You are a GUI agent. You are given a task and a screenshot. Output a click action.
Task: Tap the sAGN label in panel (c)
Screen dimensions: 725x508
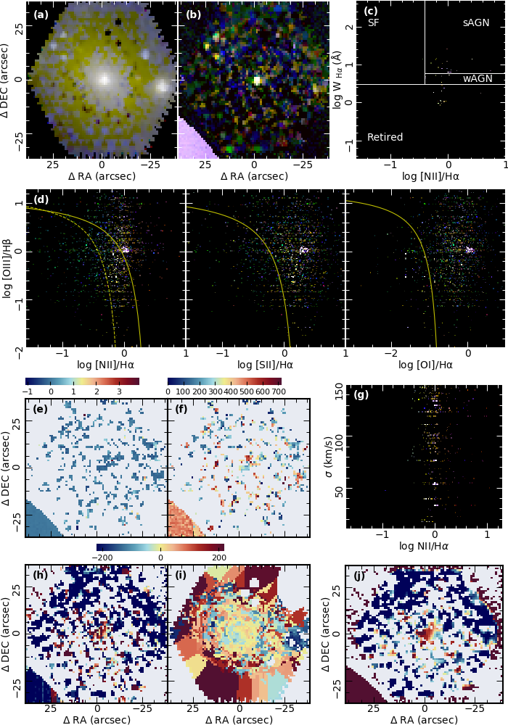[476, 23]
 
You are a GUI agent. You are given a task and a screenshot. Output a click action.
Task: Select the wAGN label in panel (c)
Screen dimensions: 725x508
[476, 78]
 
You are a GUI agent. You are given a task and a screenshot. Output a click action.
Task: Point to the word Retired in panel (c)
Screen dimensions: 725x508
[385, 137]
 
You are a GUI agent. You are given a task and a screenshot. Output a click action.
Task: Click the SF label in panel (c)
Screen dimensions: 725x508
[374, 23]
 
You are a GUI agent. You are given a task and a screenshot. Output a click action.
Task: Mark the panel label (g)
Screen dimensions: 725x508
[361, 395]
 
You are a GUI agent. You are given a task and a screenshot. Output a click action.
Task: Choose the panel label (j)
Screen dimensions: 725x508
[359, 576]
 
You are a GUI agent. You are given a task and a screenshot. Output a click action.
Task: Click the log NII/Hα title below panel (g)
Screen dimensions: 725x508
[425, 549]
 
